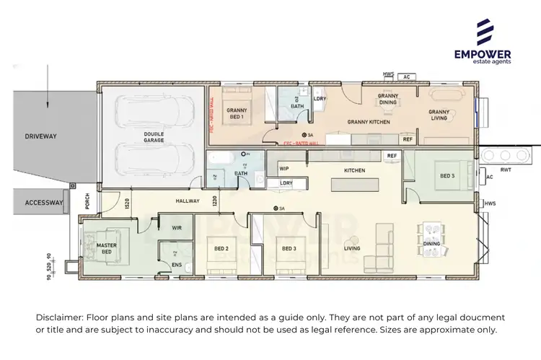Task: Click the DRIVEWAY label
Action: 40,136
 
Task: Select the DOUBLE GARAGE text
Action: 154,137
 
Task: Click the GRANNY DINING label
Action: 388,99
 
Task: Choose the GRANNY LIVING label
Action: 439,115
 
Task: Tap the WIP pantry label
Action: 284,168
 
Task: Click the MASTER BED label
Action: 106,249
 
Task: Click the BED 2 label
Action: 221,249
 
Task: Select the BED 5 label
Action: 447,175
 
